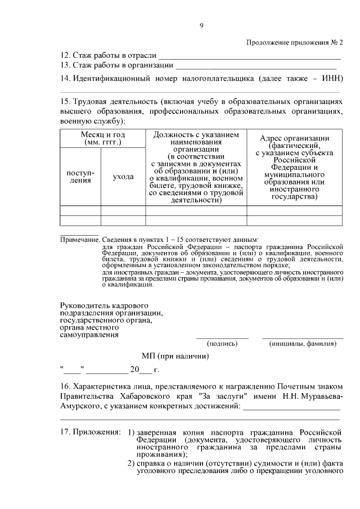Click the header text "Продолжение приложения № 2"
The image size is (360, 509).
[295, 43]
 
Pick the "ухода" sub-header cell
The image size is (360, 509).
[123, 177]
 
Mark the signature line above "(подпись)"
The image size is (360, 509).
[222, 337]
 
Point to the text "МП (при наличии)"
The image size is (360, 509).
[175, 356]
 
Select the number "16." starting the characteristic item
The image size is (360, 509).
[66, 386]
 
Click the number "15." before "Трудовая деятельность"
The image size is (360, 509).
[66, 101]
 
